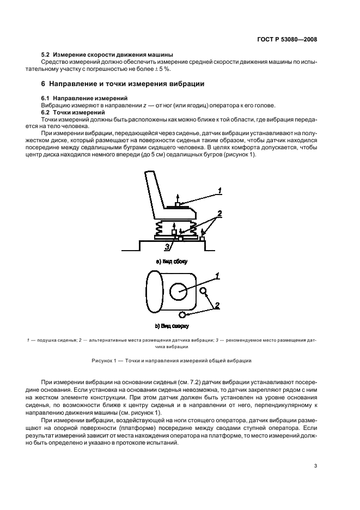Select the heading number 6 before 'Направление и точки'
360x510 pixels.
[x=44, y=84]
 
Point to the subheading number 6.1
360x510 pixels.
[x=47, y=98]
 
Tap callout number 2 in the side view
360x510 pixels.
[x=219, y=213]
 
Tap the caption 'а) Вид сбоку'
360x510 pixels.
[x=172, y=262]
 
